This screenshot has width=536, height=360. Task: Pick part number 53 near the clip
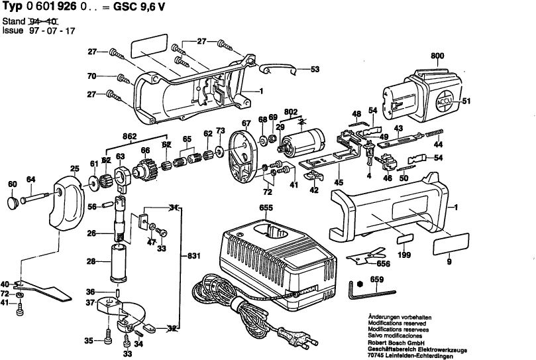pos(315,69)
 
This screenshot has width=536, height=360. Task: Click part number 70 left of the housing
pos(92,76)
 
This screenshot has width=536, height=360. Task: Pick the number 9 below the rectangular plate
pos(449,264)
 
